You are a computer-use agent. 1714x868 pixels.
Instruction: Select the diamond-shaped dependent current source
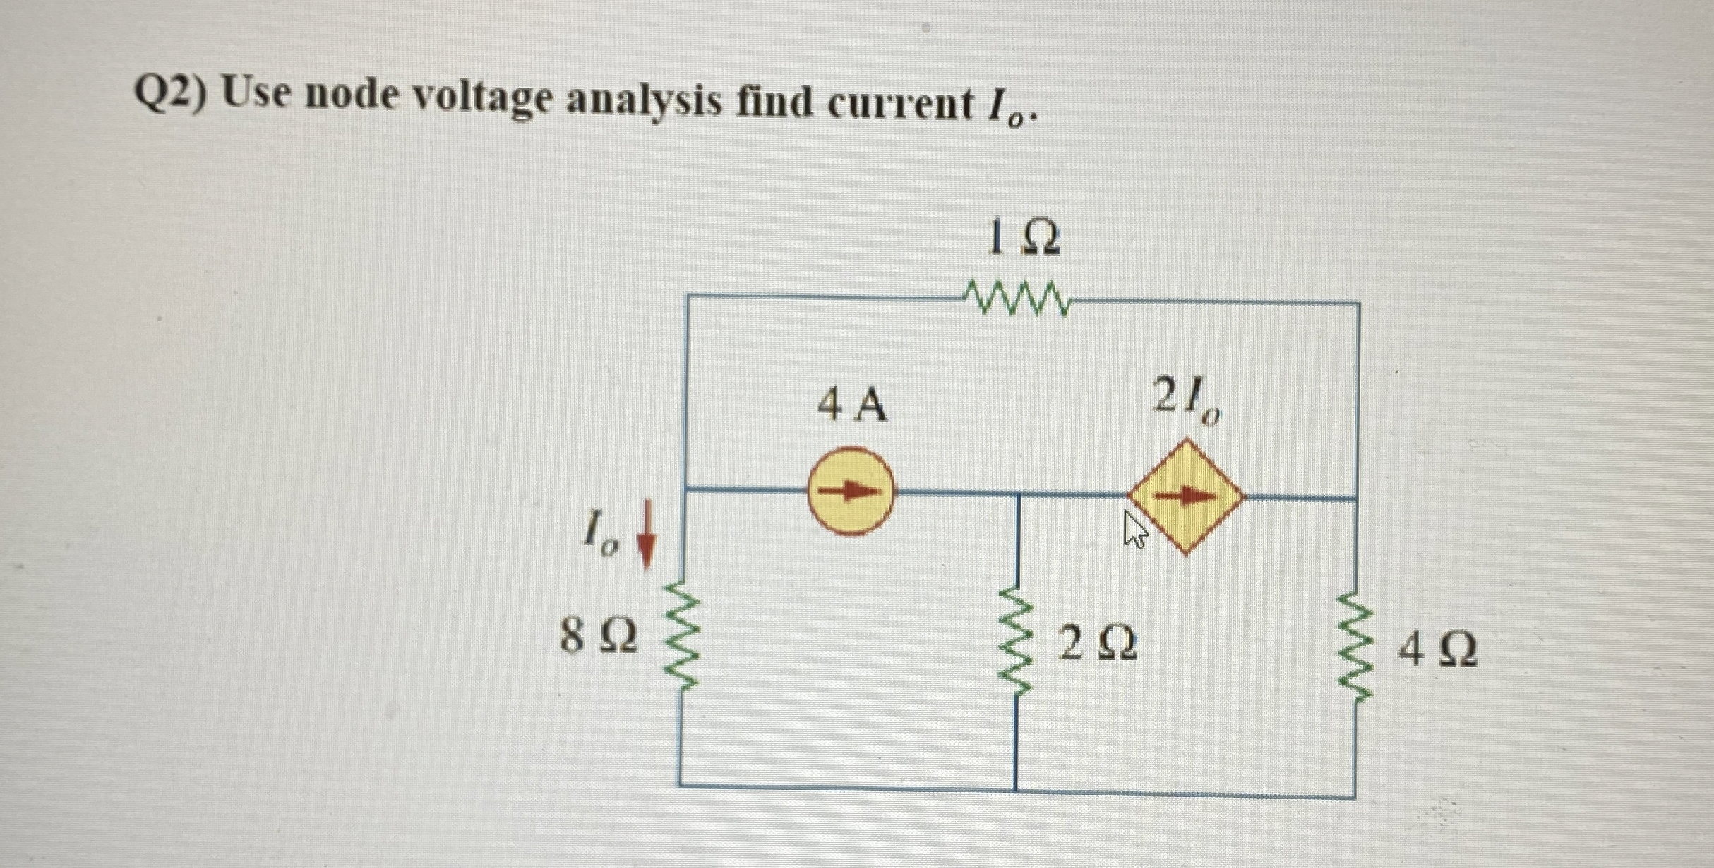click(x=1187, y=497)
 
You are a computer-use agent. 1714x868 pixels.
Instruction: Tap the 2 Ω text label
click(x=1098, y=643)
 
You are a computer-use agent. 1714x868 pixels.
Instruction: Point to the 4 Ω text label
click(x=1437, y=650)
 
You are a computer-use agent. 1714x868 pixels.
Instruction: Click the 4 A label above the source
click(x=851, y=405)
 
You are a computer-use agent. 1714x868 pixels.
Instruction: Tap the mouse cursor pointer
click(x=1134, y=530)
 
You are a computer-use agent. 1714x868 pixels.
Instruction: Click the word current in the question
click(x=900, y=105)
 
